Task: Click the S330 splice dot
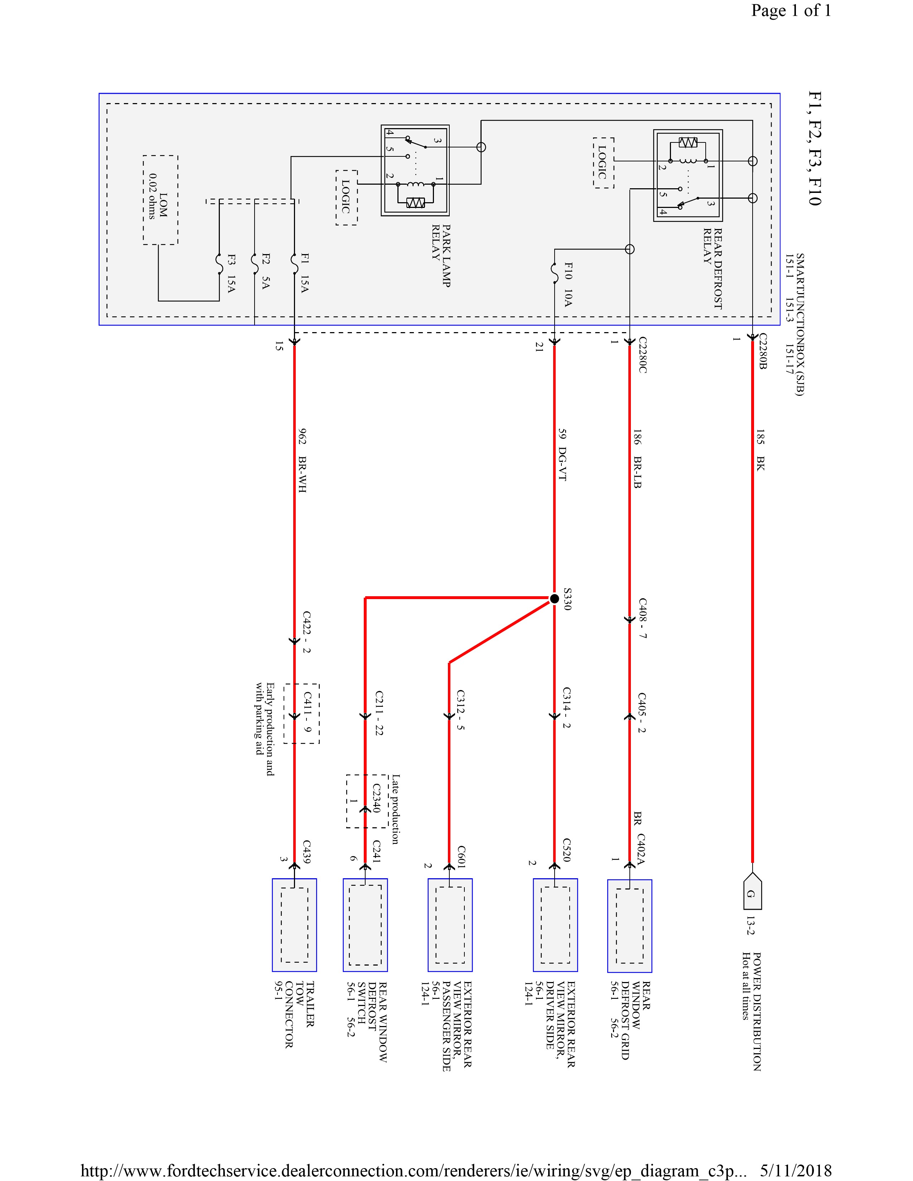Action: [x=554, y=599]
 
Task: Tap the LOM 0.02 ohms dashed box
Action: [x=161, y=200]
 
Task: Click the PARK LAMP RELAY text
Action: [x=441, y=256]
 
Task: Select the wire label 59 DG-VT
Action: [x=562, y=455]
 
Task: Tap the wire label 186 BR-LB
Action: [x=637, y=458]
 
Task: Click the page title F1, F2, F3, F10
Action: [x=814, y=149]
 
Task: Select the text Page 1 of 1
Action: [x=791, y=11]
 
